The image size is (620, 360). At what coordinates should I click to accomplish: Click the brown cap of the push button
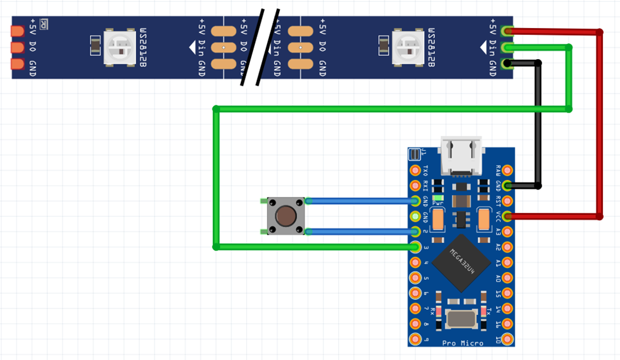pos(286,216)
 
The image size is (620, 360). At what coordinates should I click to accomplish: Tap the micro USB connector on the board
pos(462,156)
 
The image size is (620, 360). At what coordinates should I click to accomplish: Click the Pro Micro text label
pos(463,342)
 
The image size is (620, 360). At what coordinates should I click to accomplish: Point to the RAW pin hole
pos(507,170)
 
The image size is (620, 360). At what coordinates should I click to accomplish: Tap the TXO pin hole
pos(415,170)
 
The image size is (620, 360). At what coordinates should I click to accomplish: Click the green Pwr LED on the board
pos(437,198)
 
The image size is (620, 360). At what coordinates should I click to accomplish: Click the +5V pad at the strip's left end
pos(17,31)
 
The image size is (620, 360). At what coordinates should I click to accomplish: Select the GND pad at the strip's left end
pos(17,64)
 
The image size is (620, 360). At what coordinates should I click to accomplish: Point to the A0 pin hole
pos(507,277)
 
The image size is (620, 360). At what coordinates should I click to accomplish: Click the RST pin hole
pos(507,201)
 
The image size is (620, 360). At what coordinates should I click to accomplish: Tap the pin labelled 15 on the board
pos(507,293)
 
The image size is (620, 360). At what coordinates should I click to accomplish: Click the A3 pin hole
pos(507,232)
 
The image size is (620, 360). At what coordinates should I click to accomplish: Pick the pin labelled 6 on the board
pos(415,293)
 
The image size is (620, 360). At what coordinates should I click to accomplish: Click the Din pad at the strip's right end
pos(507,47)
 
